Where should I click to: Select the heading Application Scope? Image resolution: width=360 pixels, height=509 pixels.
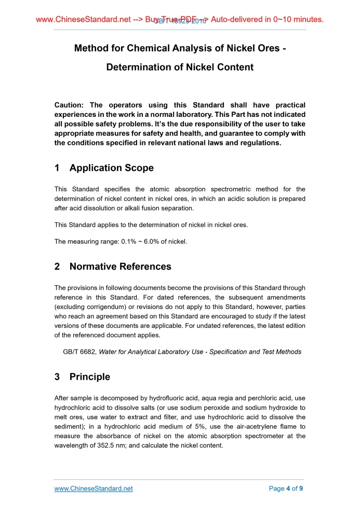tap(111, 168)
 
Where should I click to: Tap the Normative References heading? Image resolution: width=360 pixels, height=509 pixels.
tap(120, 266)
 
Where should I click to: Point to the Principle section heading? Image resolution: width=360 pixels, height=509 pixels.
tap(89, 377)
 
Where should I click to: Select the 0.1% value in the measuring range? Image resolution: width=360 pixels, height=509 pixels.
tap(128, 242)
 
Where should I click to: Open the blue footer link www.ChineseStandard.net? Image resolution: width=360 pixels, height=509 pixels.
tap(94, 489)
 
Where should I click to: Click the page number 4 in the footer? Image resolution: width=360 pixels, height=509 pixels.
tap(288, 489)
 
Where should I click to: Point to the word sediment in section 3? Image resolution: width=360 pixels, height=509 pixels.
tap(70, 426)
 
